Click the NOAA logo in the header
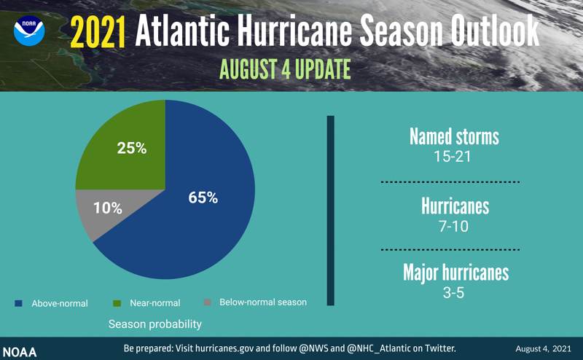[x=29, y=31]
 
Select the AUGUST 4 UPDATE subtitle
[x=285, y=69]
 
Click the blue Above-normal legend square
[x=18, y=302]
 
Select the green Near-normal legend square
[x=117, y=302]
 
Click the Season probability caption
[x=155, y=323]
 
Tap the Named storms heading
[x=454, y=136]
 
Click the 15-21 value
[x=454, y=156]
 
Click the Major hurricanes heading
[x=455, y=273]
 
